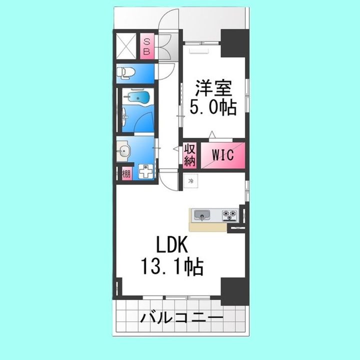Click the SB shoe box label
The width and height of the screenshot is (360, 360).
click(x=147, y=46)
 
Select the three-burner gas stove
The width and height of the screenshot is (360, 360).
click(x=230, y=215)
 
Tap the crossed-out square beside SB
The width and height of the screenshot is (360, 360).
click(x=127, y=46)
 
